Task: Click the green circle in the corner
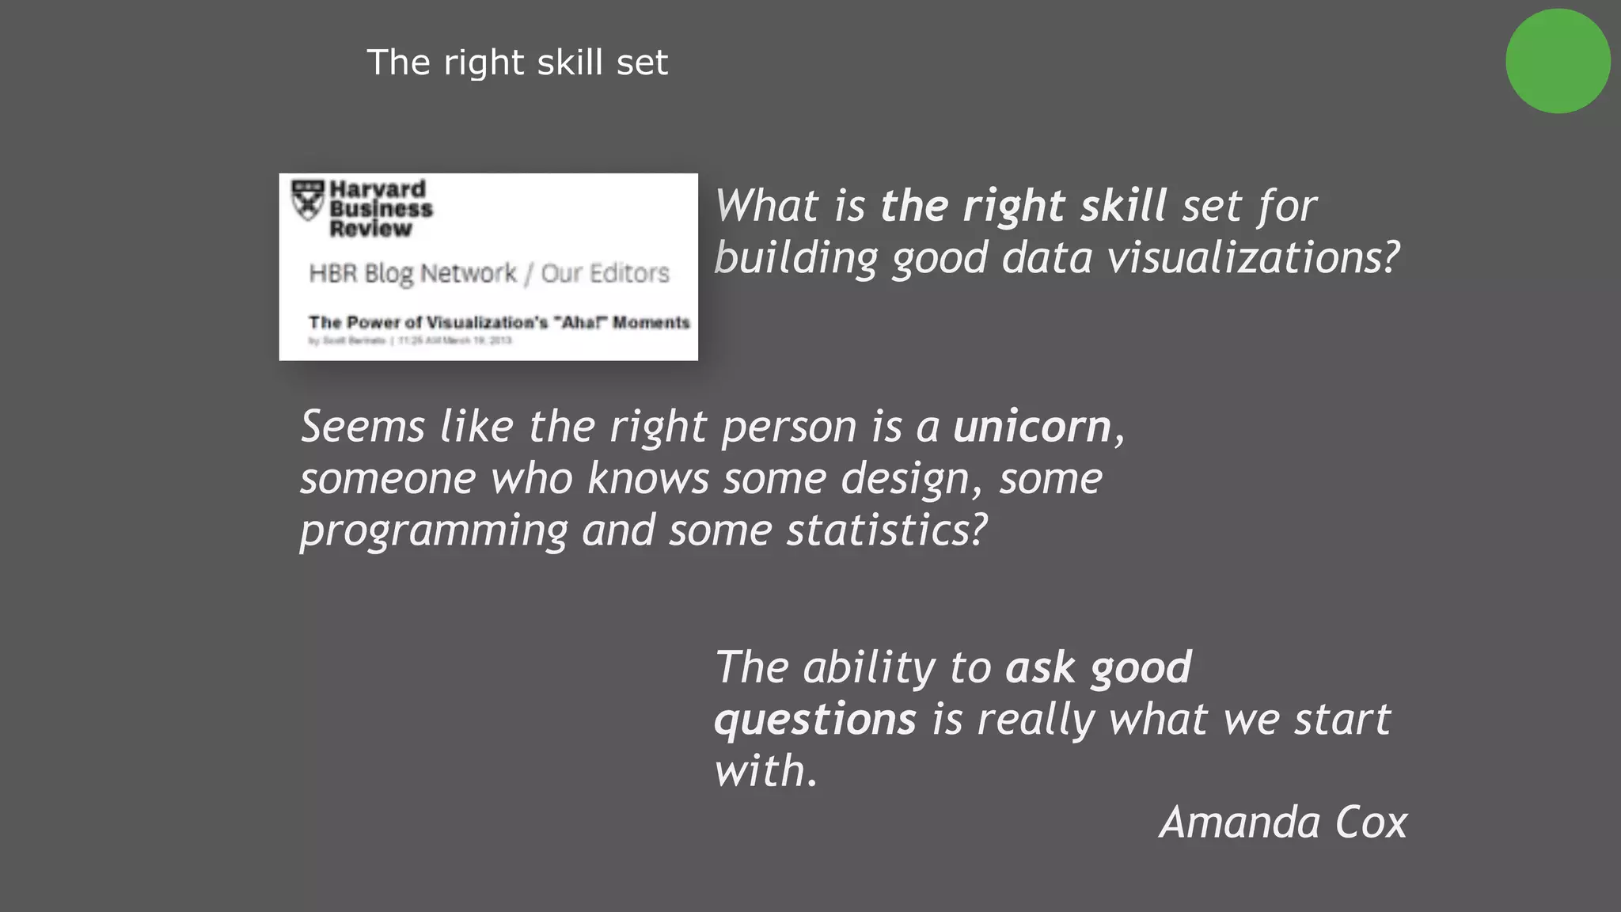pos(1557,61)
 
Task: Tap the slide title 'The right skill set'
pos(518,63)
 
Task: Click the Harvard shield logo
pos(308,200)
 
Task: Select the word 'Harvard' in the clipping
pos(378,189)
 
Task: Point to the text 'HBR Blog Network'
pos(412,273)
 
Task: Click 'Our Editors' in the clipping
pos(606,273)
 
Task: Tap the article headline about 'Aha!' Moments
pos(499,322)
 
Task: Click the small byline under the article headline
pos(410,340)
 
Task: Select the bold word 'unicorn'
pos(1032,427)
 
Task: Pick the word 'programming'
pos(434,530)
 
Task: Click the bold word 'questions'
pos(815,720)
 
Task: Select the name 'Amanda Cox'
pos(1283,822)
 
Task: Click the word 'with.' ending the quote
pos(765,770)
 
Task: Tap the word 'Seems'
pos(363,427)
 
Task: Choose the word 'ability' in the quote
pos(869,667)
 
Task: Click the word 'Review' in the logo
pos(370,229)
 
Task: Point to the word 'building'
pos(796,258)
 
